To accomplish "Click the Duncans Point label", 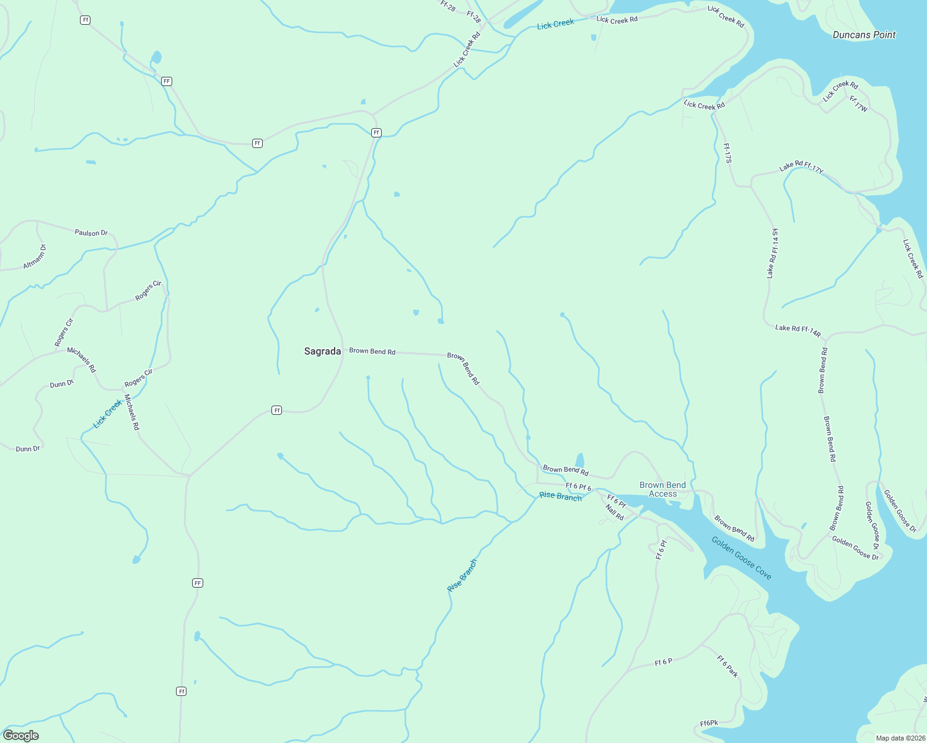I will pos(864,35).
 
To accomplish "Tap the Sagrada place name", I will pos(322,351).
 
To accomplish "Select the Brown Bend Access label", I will pos(662,489).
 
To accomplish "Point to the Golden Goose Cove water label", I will pos(741,558).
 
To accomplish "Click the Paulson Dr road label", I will pos(91,233).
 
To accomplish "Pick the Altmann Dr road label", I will pos(35,256).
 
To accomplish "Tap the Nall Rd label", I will pos(615,513).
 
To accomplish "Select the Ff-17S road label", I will pos(727,153).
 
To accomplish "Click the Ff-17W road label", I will pos(858,104).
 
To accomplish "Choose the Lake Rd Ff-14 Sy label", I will pos(772,253).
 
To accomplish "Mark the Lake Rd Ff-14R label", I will pos(797,330).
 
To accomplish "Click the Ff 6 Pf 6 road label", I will pos(578,487).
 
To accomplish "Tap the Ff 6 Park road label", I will pos(727,666).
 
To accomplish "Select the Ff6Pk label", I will pos(709,723).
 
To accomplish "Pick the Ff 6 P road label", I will pos(663,662).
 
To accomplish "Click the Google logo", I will pos(21,735).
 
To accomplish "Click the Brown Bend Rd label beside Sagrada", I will pos(372,351).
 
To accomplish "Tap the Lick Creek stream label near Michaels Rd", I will pos(107,414).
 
